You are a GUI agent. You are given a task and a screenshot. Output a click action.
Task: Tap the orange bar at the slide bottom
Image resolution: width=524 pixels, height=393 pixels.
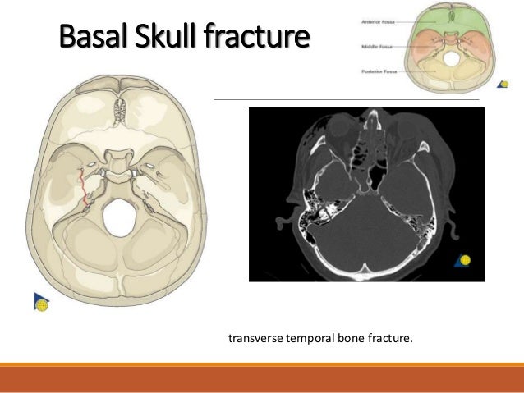pos(262,380)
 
